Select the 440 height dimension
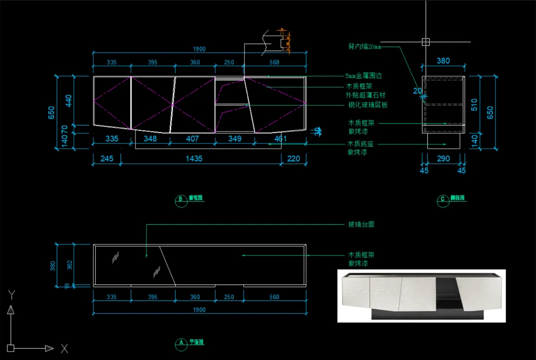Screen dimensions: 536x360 [x=69, y=100]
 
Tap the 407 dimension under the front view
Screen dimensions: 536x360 [x=192, y=139]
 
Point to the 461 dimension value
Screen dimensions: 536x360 [x=280, y=139]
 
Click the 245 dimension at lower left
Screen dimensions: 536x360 [x=107, y=159]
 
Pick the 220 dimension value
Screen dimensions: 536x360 [x=294, y=159]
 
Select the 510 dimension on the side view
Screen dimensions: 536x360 [x=474, y=104]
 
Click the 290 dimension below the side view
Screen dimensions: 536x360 [x=443, y=159]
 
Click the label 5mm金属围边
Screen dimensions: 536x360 [x=364, y=76]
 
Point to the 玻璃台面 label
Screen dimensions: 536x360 [x=361, y=224]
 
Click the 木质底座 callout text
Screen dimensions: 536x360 [x=361, y=144]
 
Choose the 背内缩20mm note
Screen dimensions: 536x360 [x=365, y=47]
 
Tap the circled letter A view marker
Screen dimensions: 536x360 [x=181, y=343]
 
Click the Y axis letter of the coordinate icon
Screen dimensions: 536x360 [x=11, y=295]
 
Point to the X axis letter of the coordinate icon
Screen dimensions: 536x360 [x=64, y=349]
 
